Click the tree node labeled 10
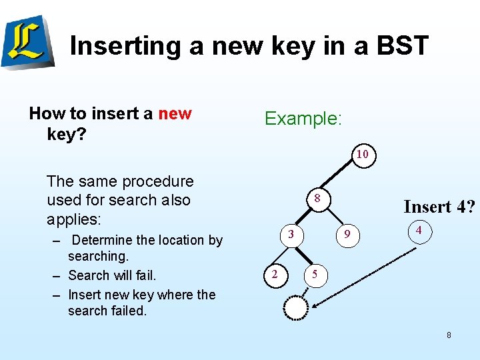click(362, 154)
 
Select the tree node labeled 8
click(317, 198)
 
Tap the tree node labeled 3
click(291, 233)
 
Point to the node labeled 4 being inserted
click(418, 230)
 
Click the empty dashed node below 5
click(295, 307)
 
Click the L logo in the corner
click(27, 42)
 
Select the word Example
click(303, 119)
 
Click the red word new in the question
click(175, 114)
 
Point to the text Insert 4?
click(439, 207)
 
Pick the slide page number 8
click(449, 335)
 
